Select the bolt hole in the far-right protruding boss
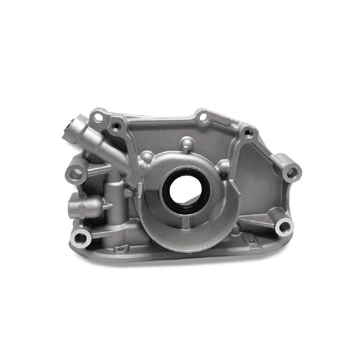tap(292, 171)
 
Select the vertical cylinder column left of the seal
tap(112, 207)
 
